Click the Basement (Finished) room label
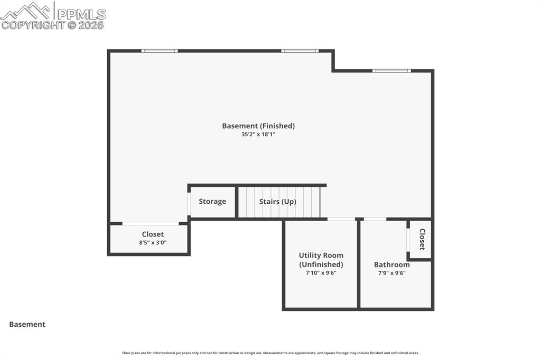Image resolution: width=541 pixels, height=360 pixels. click(258, 126)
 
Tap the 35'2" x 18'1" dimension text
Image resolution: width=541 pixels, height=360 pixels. click(258, 135)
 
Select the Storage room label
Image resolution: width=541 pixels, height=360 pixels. click(212, 202)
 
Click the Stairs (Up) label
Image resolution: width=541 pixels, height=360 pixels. click(278, 202)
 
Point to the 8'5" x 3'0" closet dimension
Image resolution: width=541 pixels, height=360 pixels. click(153, 242)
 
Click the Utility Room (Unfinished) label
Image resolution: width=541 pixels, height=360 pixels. click(321, 260)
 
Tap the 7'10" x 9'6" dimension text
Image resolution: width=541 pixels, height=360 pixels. click(321, 273)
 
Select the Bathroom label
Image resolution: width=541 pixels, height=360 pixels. click(392, 264)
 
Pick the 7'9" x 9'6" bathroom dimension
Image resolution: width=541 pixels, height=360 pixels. click(391, 273)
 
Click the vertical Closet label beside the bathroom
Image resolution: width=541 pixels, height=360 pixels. click(422, 239)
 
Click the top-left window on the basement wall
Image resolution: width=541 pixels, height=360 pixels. click(160, 51)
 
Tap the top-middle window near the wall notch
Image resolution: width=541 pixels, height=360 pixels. click(300, 51)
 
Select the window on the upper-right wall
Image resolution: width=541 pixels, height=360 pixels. click(391, 71)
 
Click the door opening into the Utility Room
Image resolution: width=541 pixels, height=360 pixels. click(341, 219)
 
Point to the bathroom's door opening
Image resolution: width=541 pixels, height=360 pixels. click(375, 219)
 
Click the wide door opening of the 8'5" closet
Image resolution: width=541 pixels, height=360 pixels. click(151, 223)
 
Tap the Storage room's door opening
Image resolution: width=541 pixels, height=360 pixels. click(189, 204)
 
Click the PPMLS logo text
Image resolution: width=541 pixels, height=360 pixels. click(81, 14)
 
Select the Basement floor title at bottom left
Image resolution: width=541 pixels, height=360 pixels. click(27, 324)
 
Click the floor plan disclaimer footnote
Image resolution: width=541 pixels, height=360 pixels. click(270, 353)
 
